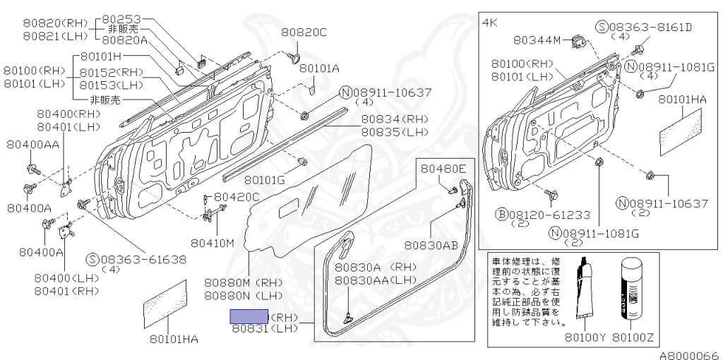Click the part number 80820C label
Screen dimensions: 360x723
click(x=304, y=32)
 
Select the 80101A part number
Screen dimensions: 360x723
click(x=319, y=68)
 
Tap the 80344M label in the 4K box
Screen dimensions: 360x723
click(x=537, y=40)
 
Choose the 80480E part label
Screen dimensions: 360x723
click(x=444, y=169)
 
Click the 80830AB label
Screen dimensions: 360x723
click(x=431, y=246)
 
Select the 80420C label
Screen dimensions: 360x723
click(x=237, y=196)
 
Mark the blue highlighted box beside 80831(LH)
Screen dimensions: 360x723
click(x=249, y=316)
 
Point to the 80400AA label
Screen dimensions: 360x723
click(x=33, y=145)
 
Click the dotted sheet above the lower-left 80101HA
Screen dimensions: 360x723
click(x=165, y=304)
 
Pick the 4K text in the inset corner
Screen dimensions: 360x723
click(x=490, y=22)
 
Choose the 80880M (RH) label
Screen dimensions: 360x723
click(x=243, y=282)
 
